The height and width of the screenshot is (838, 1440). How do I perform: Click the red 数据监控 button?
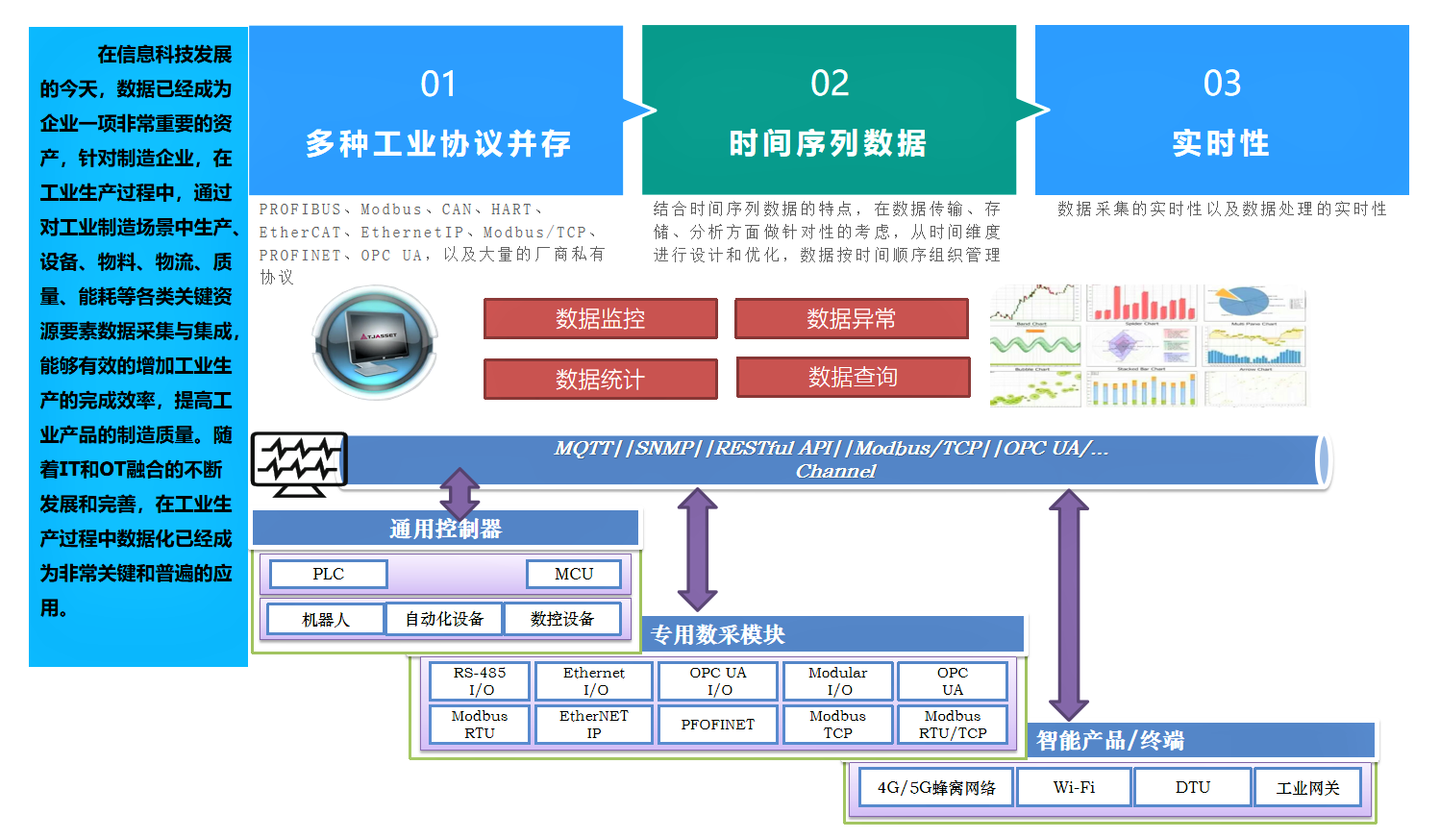(x=600, y=319)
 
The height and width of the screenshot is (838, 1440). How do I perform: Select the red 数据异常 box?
(x=851, y=319)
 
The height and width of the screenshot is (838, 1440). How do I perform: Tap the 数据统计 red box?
(x=600, y=379)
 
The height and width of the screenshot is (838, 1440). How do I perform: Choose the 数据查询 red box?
(x=853, y=377)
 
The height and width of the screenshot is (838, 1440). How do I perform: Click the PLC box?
(x=328, y=574)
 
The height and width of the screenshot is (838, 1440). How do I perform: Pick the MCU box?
(x=574, y=574)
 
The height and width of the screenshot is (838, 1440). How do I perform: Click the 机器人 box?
(x=325, y=620)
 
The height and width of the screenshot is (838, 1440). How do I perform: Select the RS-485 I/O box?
(x=479, y=680)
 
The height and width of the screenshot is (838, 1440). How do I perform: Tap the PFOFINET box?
(x=717, y=725)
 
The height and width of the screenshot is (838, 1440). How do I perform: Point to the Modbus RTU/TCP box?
(x=952, y=725)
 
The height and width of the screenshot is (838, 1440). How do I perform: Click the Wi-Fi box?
(x=1074, y=787)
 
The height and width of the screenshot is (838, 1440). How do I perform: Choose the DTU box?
(x=1192, y=787)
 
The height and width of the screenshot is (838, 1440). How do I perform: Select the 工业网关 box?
(x=1307, y=788)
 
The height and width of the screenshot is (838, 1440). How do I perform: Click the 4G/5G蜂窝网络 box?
(x=935, y=788)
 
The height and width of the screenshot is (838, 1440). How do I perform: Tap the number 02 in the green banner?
(x=829, y=84)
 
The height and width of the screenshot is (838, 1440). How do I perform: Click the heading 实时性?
(x=1221, y=143)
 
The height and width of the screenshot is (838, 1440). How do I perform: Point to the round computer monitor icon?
(x=376, y=341)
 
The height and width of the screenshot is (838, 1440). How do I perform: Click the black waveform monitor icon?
(x=299, y=463)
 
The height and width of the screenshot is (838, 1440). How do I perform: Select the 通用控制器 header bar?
(x=445, y=529)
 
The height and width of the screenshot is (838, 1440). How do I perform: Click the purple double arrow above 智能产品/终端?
(x=1068, y=604)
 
